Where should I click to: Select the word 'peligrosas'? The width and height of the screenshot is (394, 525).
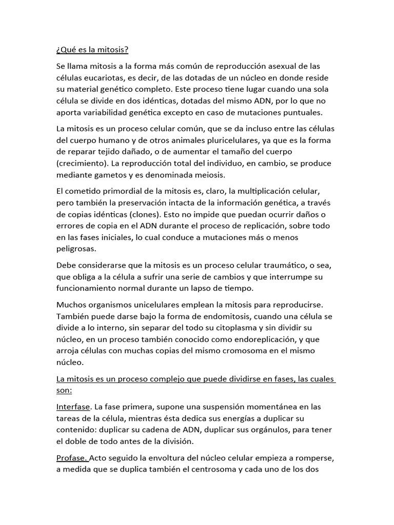(x=77, y=249)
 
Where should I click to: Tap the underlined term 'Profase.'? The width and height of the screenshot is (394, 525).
(x=72, y=458)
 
